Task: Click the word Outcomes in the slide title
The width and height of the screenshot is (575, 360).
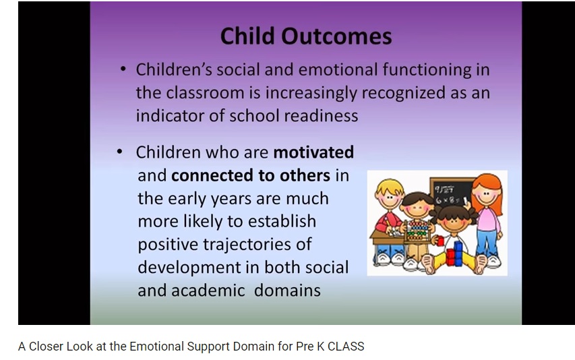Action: [x=336, y=36]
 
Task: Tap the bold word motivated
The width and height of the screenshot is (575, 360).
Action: [x=313, y=152]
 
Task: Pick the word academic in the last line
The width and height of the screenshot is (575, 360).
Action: [x=208, y=291]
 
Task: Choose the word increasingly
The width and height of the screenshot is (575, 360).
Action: [x=311, y=93]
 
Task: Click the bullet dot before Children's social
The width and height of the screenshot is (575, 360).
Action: [x=123, y=69]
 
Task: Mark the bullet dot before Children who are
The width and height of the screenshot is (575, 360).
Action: [x=119, y=151]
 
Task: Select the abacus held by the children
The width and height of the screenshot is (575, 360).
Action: [x=417, y=230]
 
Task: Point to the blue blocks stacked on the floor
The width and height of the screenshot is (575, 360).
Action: [x=458, y=253]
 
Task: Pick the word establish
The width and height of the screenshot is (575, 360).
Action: [x=282, y=221]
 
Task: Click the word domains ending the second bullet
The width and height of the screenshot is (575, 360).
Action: [x=287, y=291]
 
